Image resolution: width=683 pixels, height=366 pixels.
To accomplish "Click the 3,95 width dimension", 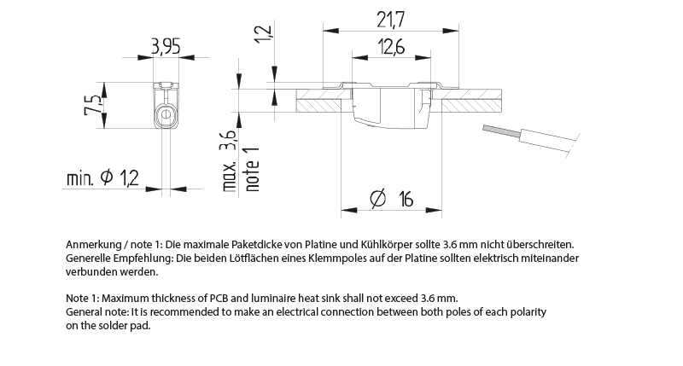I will click(x=165, y=48).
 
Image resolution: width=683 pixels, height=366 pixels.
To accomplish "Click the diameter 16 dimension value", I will click(x=392, y=199).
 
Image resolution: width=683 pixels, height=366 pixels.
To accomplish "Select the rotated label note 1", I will click(x=251, y=167).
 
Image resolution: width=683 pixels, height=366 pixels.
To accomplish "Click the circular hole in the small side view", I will click(x=166, y=113).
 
